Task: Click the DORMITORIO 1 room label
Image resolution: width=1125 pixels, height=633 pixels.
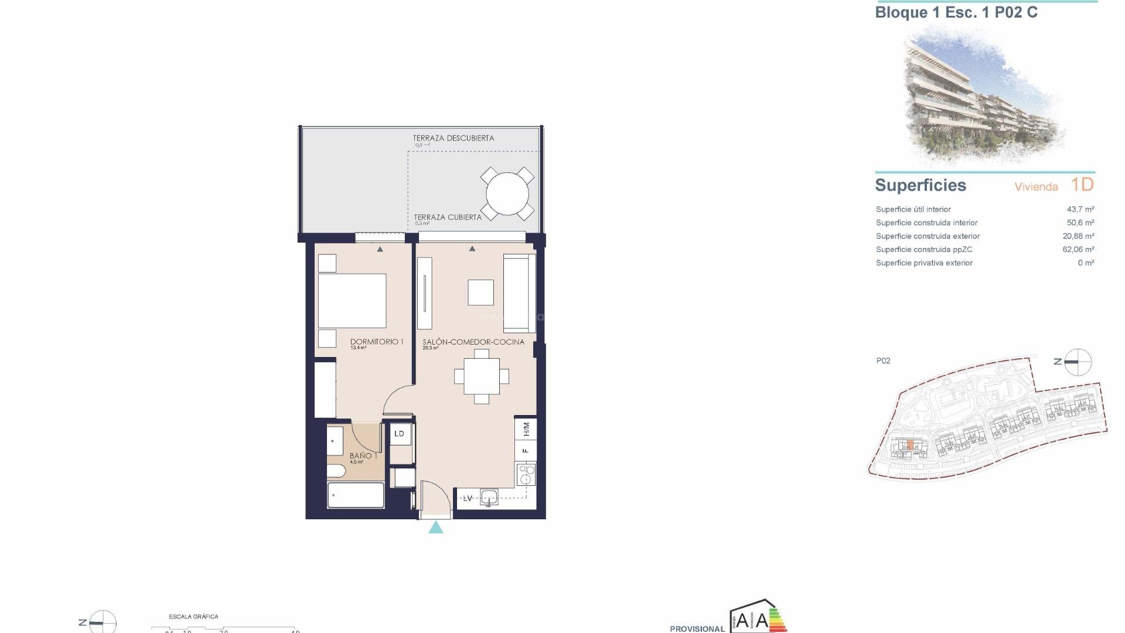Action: pyautogui.click(x=377, y=342)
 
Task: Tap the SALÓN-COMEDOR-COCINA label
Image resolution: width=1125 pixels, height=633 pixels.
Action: pyautogui.click(x=473, y=342)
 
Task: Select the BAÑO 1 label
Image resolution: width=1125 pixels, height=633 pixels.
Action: pyautogui.click(x=363, y=455)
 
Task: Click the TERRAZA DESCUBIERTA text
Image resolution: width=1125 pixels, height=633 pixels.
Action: pyautogui.click(x=454, y=138)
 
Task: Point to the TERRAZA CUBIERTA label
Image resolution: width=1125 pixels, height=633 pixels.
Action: pyautogui.click(x=448, y=217)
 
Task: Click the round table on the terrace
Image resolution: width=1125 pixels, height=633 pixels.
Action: pyautogui.click(x=507, y=193)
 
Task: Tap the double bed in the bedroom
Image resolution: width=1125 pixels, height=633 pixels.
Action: pyautogui.click(x=352, y=301)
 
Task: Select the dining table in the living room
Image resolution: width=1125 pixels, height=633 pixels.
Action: pyautogui.click(x=482, y=376)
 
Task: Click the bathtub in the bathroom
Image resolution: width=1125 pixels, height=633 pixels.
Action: pyautogui.click(x=356, y=495)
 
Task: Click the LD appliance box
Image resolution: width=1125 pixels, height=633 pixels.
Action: pyautogui.click(x=400, y=434)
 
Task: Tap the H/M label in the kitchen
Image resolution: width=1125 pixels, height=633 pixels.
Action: pyautogui.click(x=526, y=429)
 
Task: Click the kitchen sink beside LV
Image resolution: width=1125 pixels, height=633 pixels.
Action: pyautogui.click(x=489, y=498)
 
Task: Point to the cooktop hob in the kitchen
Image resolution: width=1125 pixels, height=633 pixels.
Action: pyautogui.click(x=526, y=474)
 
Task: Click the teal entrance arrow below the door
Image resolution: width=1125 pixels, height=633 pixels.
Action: pyautogui.click(x=436, y=528)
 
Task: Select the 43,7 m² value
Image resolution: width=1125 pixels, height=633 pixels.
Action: pyautogui.click(x=1080, y=209)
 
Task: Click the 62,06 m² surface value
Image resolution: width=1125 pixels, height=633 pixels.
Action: pyautogui.click(x=1078, y=250)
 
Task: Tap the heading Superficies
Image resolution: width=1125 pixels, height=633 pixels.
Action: pyautogui.click(x=920, y=185)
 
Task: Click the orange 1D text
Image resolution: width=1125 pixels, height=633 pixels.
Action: pyautogui.click(x=1082, y=185)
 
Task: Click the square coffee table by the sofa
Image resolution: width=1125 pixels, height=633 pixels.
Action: pyautogui.click(x=480, y=292)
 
